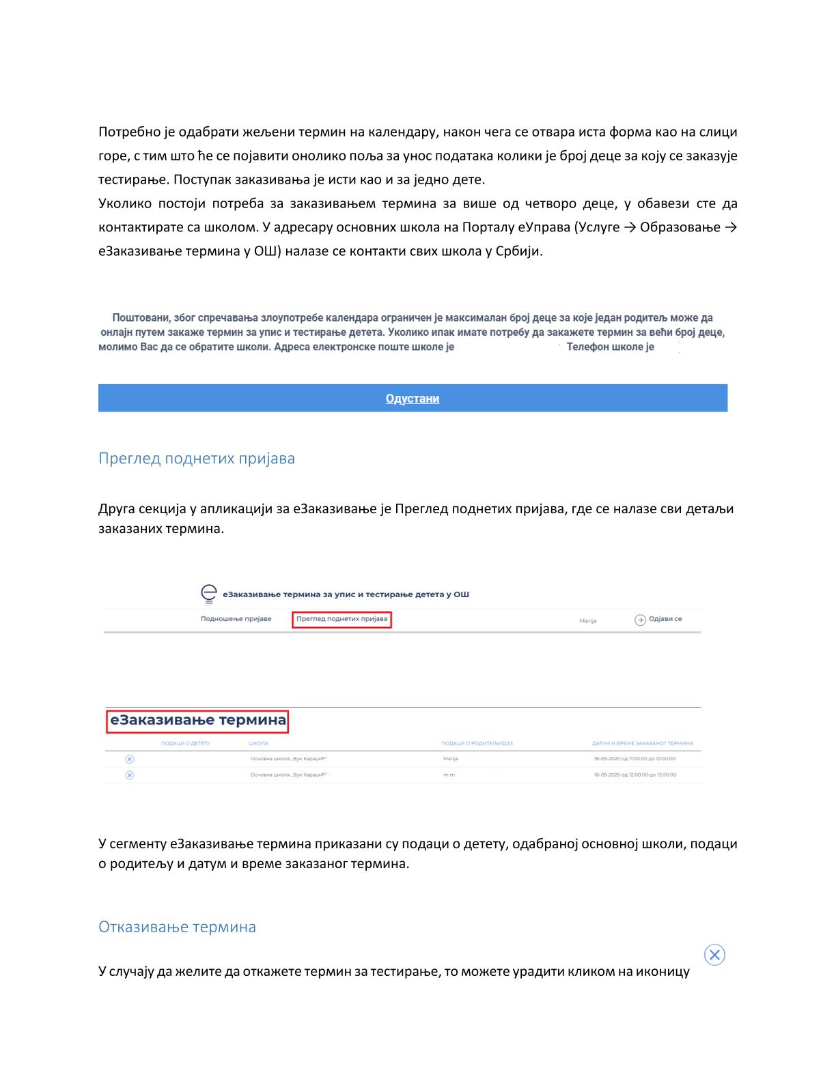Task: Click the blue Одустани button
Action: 413,399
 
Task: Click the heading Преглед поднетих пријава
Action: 197,458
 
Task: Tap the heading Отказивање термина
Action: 177,927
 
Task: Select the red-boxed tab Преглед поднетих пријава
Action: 342,619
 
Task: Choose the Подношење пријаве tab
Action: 236,619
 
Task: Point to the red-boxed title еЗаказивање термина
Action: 197,720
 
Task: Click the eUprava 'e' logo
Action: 209,594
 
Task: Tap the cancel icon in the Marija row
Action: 130,759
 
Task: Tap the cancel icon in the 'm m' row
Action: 130,775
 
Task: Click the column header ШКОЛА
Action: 258,743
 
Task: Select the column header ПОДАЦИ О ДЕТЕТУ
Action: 185,743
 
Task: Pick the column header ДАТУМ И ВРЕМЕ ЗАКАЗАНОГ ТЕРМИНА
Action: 642,743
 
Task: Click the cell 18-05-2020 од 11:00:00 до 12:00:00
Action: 635,759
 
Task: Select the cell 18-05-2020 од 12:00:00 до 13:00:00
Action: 635,775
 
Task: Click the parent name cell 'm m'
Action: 449,775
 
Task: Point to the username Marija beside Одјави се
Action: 587,621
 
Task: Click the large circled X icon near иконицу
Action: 714,955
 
